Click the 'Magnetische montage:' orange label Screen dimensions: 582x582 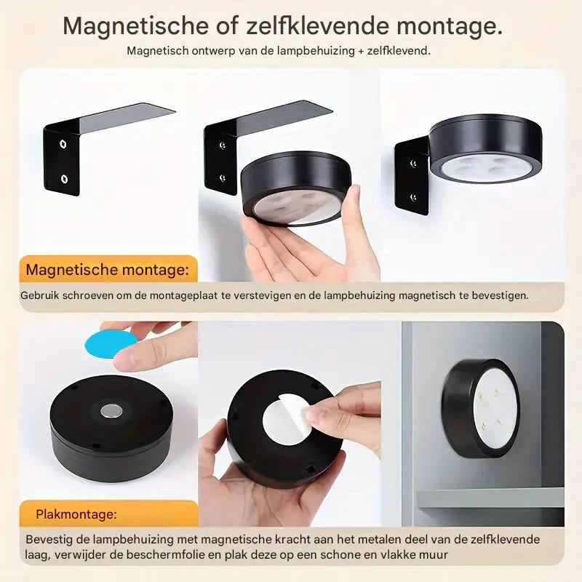[107, 270]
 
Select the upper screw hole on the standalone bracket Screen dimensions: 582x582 [63, 143]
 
